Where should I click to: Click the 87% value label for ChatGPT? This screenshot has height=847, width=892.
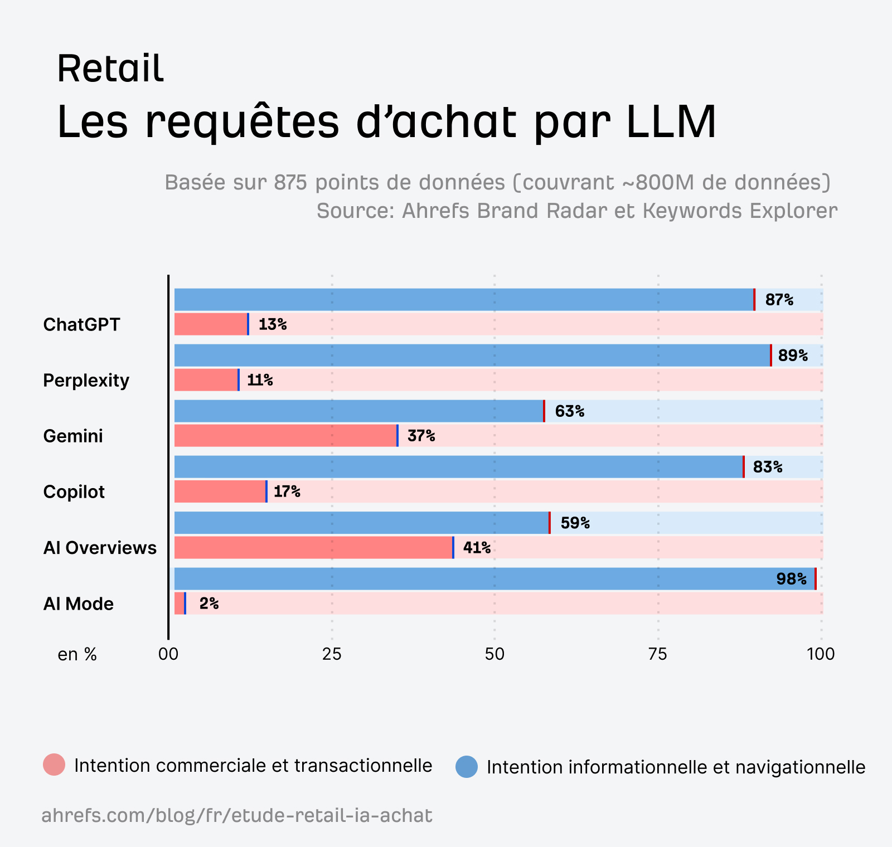[779, 300]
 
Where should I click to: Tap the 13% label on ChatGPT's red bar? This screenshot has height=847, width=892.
[272, 324]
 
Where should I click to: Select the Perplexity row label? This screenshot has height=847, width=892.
[86, 381]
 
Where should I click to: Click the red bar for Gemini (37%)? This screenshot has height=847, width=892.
[285, 436]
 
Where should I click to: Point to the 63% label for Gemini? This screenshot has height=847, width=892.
[569, 411]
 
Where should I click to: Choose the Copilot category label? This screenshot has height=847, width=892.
[74, 492]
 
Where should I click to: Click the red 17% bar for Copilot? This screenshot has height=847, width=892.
[220, 491]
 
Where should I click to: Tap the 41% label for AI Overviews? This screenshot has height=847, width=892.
[477, 548]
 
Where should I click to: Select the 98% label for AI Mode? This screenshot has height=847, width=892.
[791, 579]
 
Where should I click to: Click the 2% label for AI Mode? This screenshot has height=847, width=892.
[209, 603]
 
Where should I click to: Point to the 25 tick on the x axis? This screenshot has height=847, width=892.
[332, 654]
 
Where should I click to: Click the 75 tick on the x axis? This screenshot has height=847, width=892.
[658, 654]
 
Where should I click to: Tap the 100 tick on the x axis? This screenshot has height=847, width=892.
[821, 654]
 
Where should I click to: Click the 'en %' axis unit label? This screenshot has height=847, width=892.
[77, 654]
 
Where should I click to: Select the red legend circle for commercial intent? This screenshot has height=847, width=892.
[54, 765]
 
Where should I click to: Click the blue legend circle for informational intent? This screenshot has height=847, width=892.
[467, 767]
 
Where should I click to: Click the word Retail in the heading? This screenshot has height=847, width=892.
[110, 69]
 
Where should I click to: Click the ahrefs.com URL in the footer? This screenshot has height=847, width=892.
[236, 816]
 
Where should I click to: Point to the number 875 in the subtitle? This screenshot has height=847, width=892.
[290, 182]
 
